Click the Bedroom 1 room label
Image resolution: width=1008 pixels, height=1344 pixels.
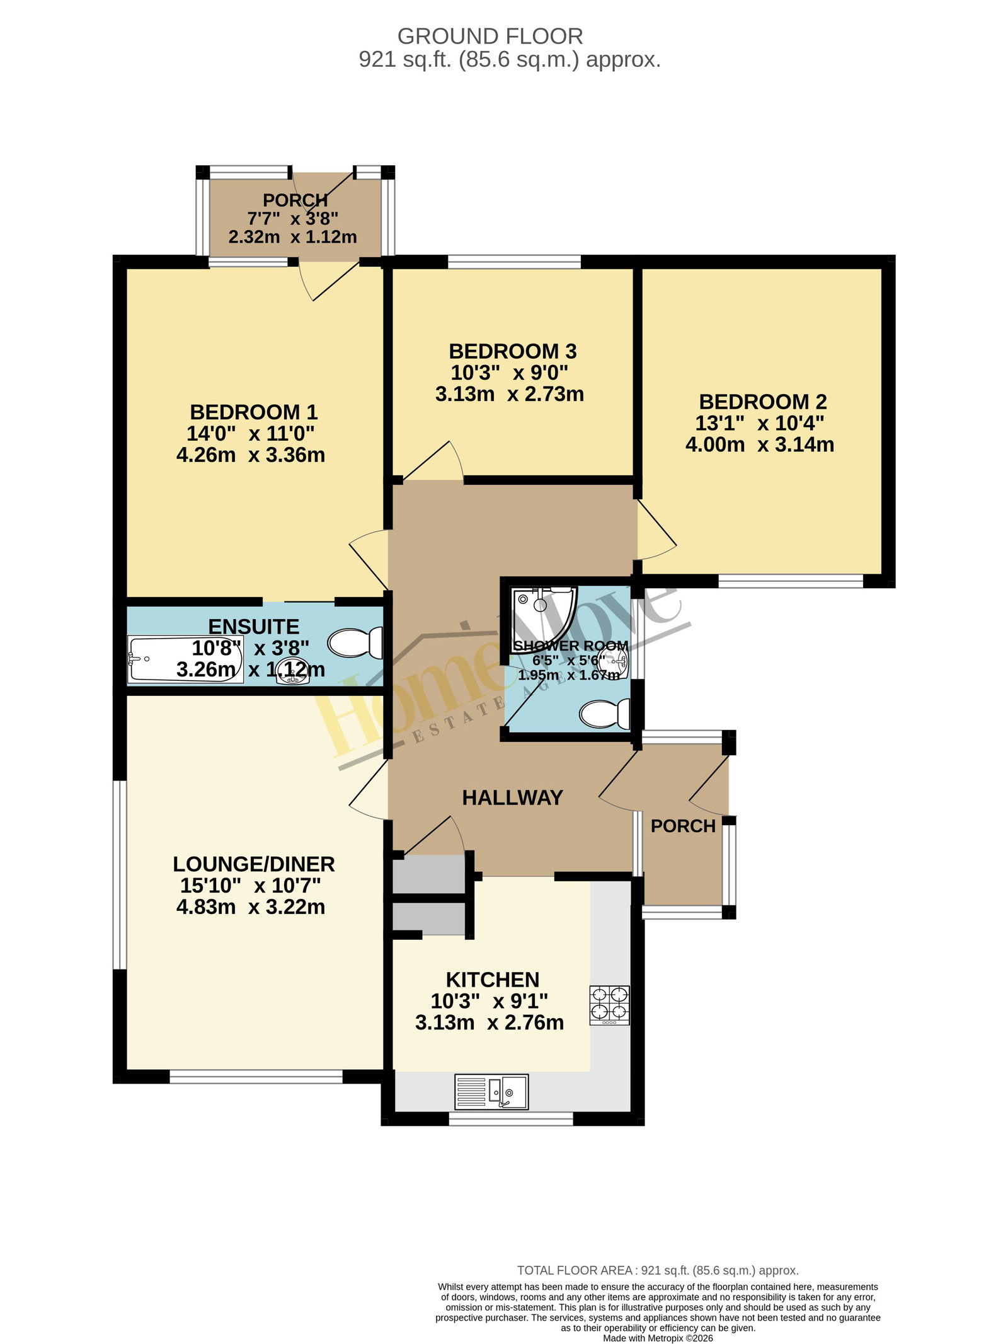(253, 412)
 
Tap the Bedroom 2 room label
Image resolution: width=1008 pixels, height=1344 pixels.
(762, 402)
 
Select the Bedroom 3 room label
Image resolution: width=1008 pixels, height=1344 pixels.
(512, 351)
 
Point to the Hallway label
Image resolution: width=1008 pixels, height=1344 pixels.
(512, 797)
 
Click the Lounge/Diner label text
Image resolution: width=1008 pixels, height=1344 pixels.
(254, 864)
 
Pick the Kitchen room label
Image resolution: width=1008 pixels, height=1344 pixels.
(493, 980)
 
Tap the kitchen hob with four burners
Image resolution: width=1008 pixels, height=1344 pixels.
(609, 1005)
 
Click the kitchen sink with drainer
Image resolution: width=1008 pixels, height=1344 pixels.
(491, 1092)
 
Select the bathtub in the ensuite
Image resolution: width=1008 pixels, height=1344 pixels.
(186, 659)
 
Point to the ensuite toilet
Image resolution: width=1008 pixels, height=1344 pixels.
(355, 643)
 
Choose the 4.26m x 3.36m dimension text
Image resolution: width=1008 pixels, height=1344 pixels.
(251, 455)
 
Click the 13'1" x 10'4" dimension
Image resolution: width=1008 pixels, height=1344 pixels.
(760, 423)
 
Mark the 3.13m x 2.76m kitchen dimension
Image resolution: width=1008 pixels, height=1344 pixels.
(490, 1022)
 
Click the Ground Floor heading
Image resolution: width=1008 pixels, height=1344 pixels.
(490, 37)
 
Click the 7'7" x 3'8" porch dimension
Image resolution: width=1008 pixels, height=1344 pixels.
(293, 219)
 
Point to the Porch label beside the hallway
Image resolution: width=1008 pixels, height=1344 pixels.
(683, 826)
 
